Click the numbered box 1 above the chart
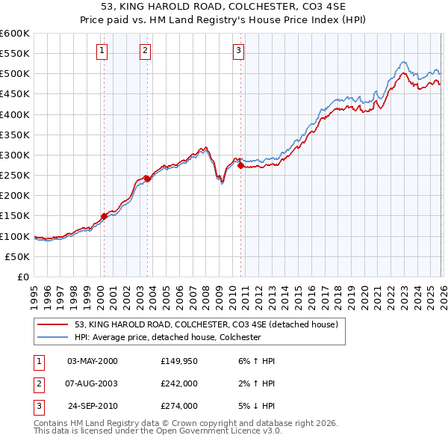click(x=102, y=51)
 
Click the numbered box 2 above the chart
click(x=145, y=51)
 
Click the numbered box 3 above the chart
click(x=238, y=51)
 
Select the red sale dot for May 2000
click(x=104, y=216)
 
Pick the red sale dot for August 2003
click(x=147, y=178)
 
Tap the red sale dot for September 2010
click(x=240, y=166)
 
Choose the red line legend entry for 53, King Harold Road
click(x=206, y=324)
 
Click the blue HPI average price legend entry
click(x=167, y=337)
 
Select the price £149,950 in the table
click(x=178, y=361)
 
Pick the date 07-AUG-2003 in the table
click(x=93, y=384)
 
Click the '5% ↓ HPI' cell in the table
click(x=254, y=407)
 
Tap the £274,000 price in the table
click(x=178, y=407)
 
